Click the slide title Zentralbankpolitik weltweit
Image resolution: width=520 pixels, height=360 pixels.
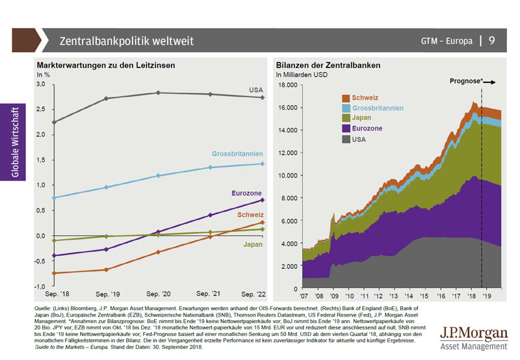pos(126,41)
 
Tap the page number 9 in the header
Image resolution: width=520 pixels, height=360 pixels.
pos(492,41)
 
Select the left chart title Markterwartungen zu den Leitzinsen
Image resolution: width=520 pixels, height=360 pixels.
pos(106,66)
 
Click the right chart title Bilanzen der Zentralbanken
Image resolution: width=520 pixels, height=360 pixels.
pos(328,66)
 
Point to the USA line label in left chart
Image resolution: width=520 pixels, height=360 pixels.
pos(257,89)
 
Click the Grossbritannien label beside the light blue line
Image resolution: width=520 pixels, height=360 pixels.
pos(237,154)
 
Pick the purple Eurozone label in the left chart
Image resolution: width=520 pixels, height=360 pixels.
pos(247,193)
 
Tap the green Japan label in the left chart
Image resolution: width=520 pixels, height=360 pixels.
pos(253,244)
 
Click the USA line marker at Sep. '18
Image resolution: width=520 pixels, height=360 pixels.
pos(54,122)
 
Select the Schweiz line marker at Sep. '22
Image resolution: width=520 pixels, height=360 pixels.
pos(262,223)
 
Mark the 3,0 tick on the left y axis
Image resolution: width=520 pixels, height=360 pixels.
pos(40,84)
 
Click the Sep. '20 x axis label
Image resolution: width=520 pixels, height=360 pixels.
pos(158,294)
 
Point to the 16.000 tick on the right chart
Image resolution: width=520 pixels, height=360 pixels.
pos(287,107)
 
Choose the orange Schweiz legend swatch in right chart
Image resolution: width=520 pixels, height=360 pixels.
pos(346,97)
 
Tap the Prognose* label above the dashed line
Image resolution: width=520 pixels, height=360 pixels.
pos(467,83)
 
